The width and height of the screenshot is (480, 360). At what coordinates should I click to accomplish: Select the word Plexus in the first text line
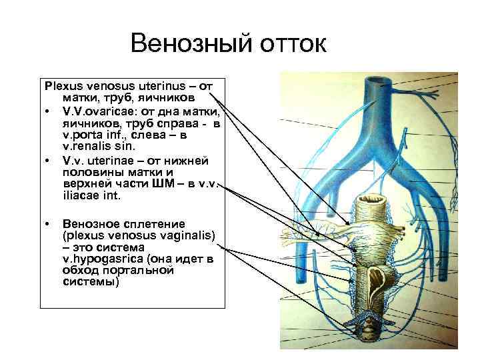61,86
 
